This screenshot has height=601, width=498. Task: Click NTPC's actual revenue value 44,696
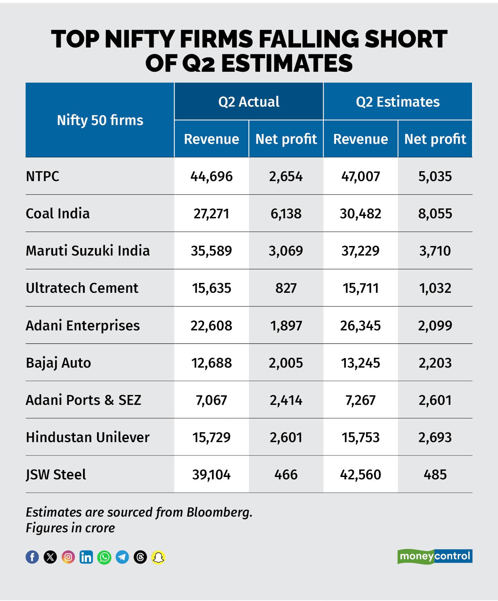point(211,176)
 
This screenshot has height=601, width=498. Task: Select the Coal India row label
point(58,214)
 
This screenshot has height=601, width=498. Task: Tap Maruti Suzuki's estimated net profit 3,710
point(435,251)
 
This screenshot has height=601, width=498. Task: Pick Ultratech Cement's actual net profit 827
point(286,288)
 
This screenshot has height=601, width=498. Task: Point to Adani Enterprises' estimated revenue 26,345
point(360,326)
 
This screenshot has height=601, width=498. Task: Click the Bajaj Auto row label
point(58,363)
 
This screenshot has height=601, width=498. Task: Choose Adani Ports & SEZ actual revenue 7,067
point(211,400)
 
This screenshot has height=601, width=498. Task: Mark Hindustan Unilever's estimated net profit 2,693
point(435,437)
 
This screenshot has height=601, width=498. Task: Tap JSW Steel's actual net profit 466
point(286,475)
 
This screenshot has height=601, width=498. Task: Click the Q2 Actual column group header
point(249,101)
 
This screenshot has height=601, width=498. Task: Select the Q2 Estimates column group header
point(398,101)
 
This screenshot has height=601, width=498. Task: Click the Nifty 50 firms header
point(100,120)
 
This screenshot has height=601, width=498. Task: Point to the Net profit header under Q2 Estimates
point(435,139)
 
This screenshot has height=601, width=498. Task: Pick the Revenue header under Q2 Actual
point(211,139)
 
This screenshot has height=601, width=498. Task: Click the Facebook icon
point(32,557)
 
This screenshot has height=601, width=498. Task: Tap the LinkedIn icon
point(86,557)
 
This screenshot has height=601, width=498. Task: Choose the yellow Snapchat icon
point(158,557)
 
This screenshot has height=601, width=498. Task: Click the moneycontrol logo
point(434,556)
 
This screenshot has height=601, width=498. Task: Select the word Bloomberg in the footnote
point(219,512)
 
